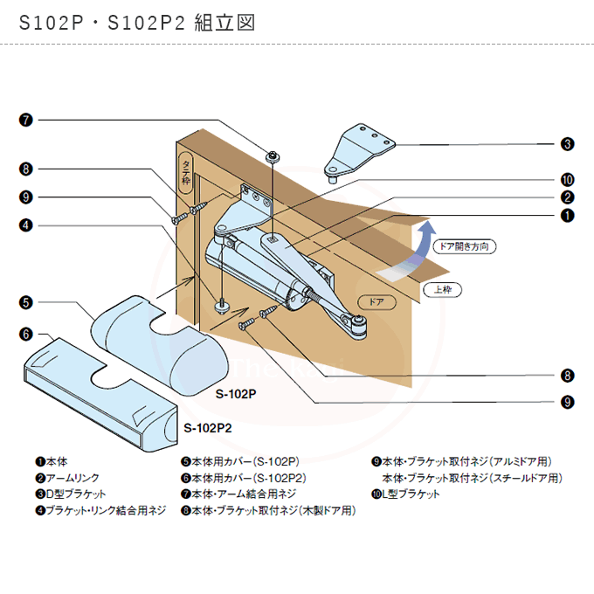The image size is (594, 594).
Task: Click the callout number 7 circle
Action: [26, 120]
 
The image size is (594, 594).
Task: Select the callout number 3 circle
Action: [567, 144]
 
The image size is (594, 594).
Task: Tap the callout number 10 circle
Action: [567, 178]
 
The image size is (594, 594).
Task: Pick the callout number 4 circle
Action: [26, 224]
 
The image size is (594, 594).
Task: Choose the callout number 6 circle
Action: [26, 334]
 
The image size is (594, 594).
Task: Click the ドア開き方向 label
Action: [465, 246]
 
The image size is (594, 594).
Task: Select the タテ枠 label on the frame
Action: [185, 174]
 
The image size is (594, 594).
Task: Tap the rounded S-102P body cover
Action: [162, 341]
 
